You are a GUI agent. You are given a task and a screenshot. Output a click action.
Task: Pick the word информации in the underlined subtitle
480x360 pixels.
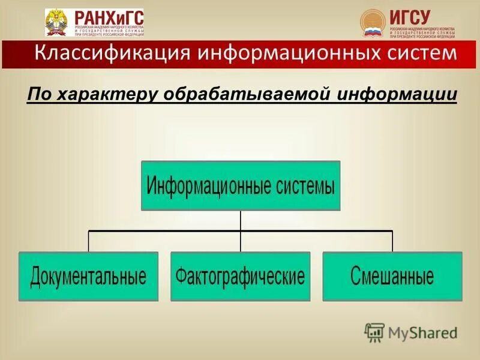(x=398, y=94)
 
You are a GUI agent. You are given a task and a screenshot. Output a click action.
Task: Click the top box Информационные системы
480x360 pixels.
(x=241, y=185)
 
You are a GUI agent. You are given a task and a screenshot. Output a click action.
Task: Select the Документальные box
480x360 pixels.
(x=88, y=277)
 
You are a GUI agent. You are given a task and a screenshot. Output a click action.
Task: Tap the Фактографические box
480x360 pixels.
(x=240, y=277)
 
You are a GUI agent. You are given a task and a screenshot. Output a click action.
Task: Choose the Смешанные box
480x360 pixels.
(x=392, y=277)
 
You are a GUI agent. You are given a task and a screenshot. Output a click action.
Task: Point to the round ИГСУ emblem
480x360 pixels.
(x=373, y=22)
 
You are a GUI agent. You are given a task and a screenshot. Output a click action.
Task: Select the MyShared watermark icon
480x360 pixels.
(x=374, y=332)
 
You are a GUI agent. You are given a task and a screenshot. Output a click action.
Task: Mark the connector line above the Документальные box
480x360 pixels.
(x=89, y=241)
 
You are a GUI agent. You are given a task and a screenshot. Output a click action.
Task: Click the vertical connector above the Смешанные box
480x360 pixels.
(x=392, y=241)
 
